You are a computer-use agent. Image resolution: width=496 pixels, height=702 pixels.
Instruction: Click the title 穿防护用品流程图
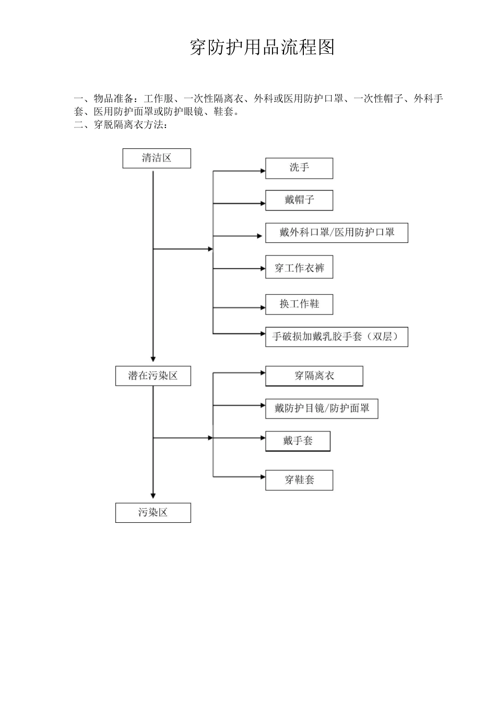262,48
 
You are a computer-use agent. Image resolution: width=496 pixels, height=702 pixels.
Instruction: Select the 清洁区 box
157,158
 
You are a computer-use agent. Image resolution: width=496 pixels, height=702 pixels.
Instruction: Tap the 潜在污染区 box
153,376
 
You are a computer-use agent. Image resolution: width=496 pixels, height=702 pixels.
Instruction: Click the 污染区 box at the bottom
153,512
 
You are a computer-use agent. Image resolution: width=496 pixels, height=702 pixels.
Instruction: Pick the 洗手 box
299,168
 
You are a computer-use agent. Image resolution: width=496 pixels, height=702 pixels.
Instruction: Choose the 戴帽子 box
299,200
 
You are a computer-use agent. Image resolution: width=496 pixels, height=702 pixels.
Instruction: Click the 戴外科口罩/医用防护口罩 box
336,232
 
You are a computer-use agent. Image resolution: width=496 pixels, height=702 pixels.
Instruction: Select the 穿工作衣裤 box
299,268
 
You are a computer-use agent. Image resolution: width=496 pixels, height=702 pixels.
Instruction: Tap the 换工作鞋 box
299,304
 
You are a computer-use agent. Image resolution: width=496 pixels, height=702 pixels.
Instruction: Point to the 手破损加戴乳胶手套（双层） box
336,337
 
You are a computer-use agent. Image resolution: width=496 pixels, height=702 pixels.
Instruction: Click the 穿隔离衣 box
314,376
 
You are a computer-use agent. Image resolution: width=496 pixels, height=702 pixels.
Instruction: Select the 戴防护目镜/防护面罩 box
321,408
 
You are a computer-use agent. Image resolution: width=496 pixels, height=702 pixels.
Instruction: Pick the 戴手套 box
298,441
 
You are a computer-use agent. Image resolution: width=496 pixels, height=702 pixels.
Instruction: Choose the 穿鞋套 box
299,479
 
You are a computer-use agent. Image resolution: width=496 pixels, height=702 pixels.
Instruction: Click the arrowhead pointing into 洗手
263,171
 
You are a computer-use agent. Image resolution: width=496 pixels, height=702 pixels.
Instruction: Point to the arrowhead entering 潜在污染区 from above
153,359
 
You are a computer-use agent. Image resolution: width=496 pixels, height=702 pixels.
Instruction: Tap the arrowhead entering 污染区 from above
153,496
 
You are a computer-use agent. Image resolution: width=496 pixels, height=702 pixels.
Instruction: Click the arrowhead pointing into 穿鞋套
263,476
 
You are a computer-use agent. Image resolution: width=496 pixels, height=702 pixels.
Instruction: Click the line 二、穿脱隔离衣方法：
121,125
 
